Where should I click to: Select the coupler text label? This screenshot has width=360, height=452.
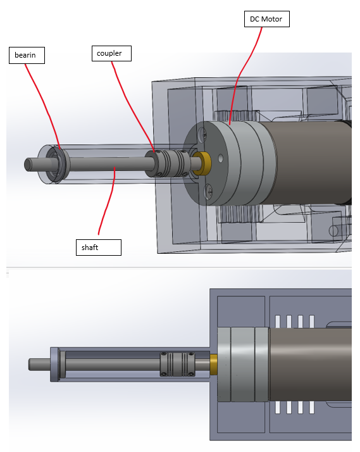[111, 53]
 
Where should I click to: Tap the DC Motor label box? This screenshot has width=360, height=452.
[266, 20]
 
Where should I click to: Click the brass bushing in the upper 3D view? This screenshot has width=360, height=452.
[202, 163]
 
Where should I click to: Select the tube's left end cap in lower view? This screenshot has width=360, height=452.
[55, 365]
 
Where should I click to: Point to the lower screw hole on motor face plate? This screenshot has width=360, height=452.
[208, 188]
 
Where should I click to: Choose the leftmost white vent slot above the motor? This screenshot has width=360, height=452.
[276, 321]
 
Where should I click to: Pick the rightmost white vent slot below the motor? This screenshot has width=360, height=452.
[311, 407]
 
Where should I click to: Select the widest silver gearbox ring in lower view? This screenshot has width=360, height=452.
[242, 365]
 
